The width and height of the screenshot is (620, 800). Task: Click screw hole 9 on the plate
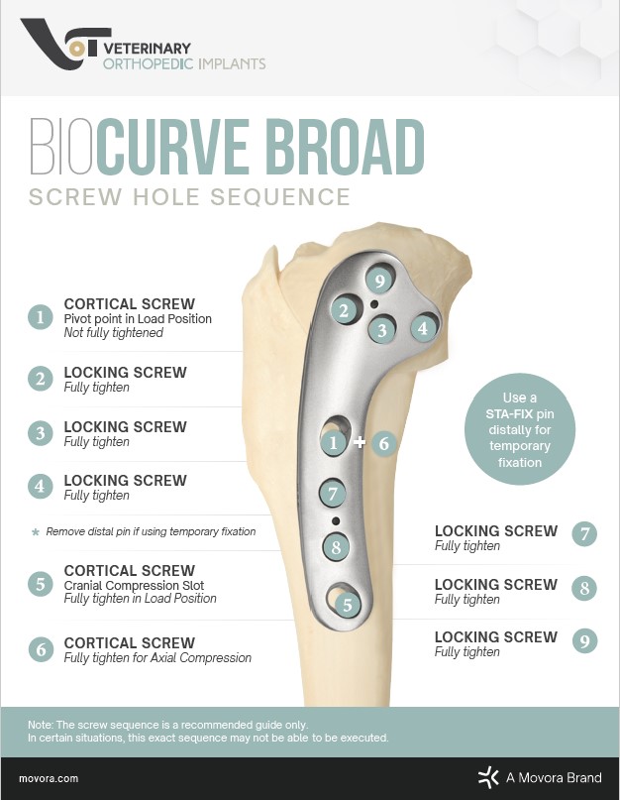click(378, 282)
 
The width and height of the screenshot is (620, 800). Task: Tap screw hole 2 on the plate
click(344, 310)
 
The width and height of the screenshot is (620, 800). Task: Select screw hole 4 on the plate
click(423, 327)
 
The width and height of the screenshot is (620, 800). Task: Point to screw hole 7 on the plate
click(333, 493)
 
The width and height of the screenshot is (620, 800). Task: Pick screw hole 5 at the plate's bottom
click(347, 603)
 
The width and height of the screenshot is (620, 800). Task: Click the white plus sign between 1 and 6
click(360, 443)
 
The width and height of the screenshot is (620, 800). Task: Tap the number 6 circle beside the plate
click(384, 444)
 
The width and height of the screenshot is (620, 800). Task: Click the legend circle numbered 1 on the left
click(41, 317)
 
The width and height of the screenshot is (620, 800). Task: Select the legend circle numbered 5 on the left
click(41, 584)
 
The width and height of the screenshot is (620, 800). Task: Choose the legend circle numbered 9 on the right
click(585, 641)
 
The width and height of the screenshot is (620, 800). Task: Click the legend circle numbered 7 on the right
click(585, 535)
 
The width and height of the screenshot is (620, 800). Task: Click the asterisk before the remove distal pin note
click(37, 532)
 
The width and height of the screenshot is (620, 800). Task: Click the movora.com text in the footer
click(49, 779)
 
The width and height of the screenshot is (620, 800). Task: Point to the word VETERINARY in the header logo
click(147, 48)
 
